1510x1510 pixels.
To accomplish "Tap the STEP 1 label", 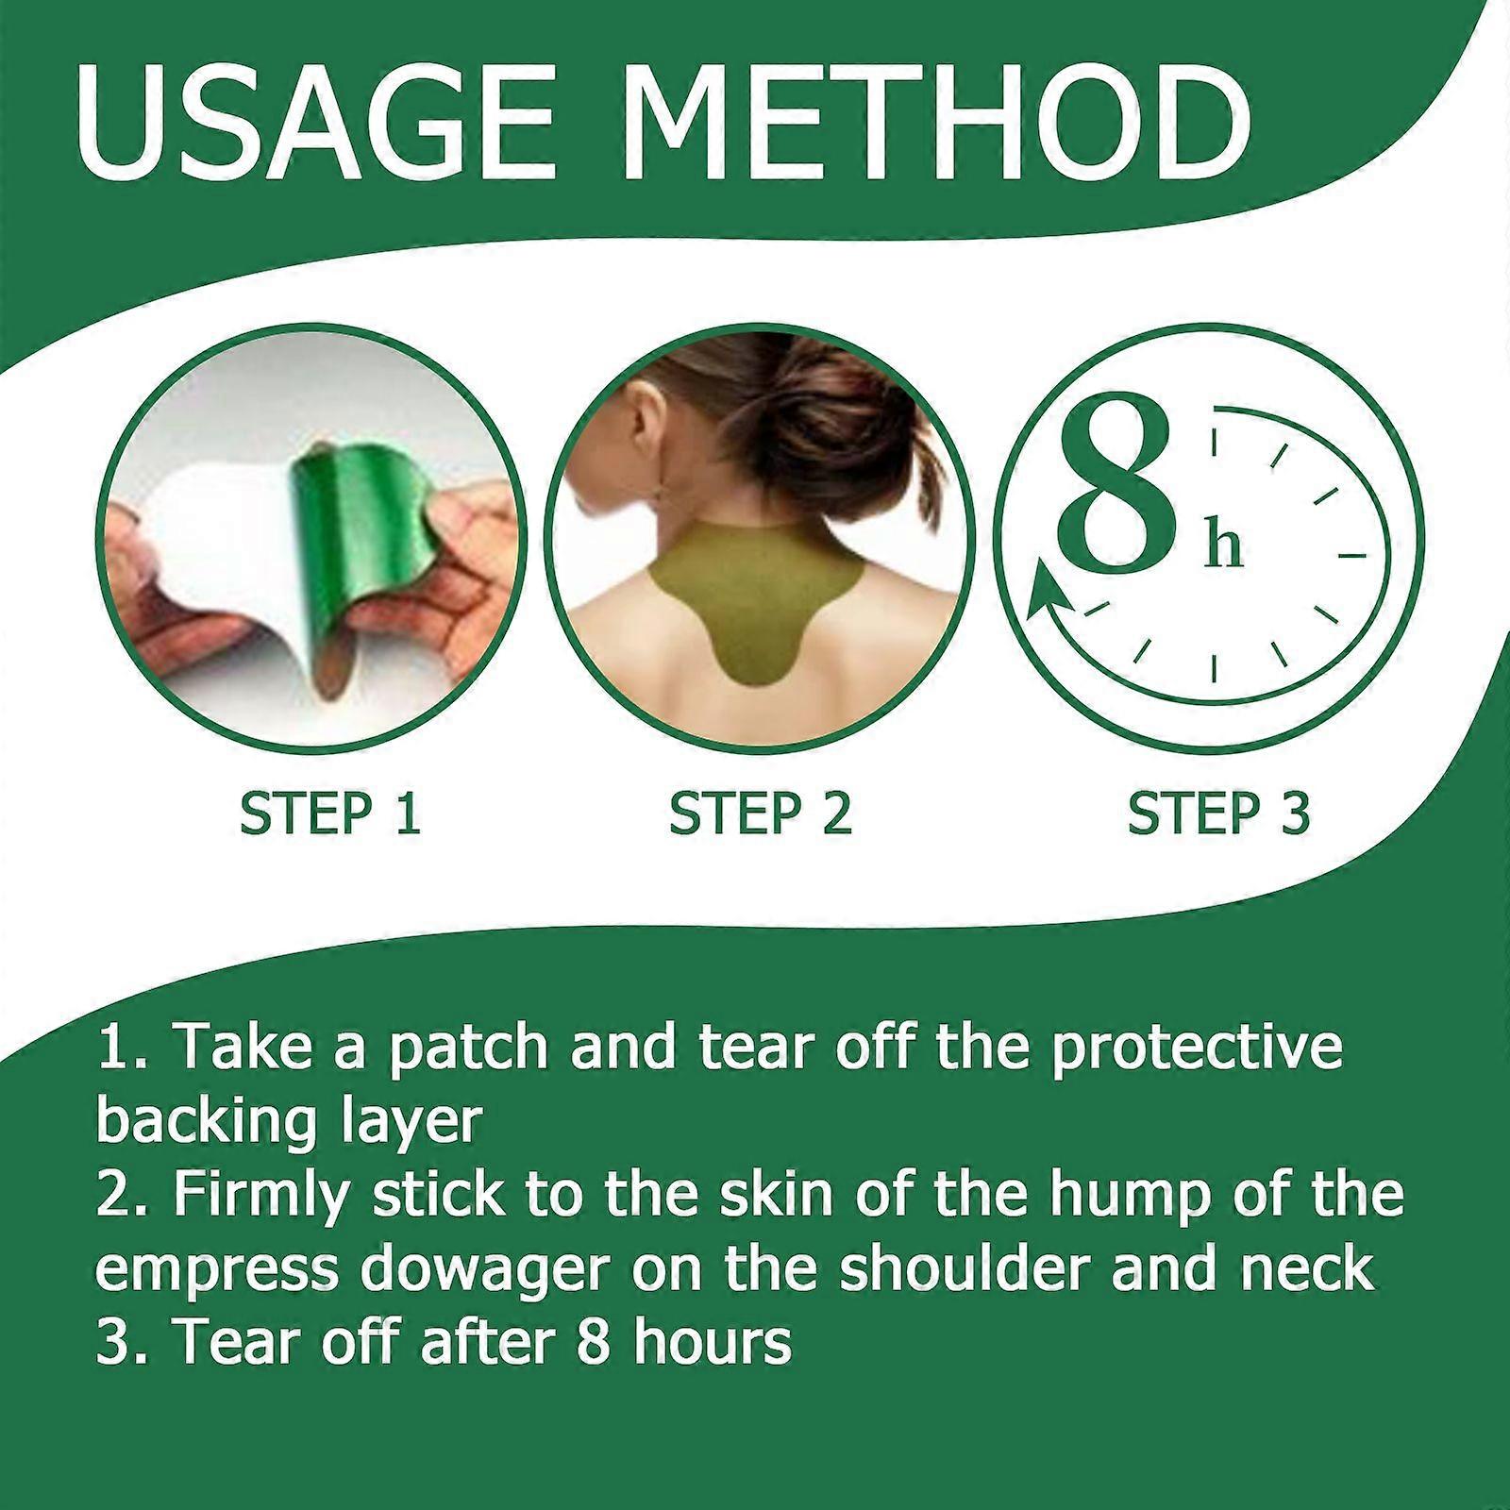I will (329, 814).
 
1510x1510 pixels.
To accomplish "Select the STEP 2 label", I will (761, 814).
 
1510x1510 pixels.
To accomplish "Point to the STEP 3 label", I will (1218, 814).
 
